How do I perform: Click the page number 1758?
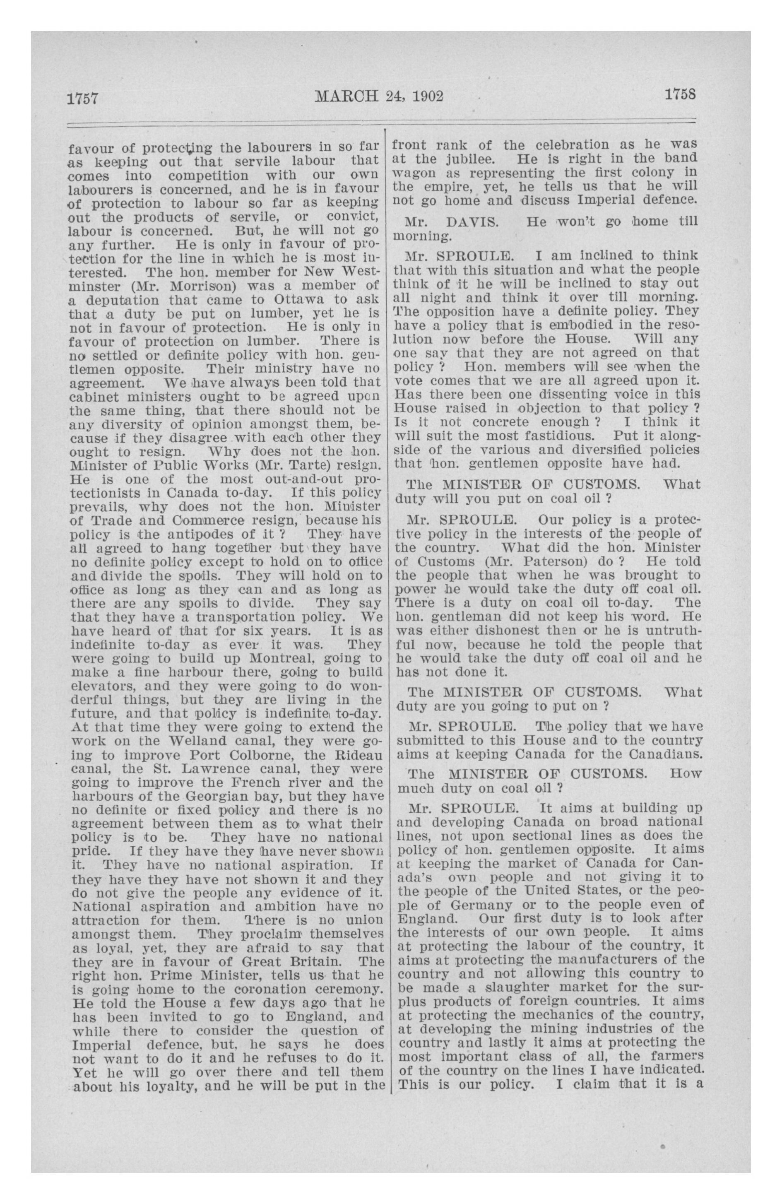(679, 94)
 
